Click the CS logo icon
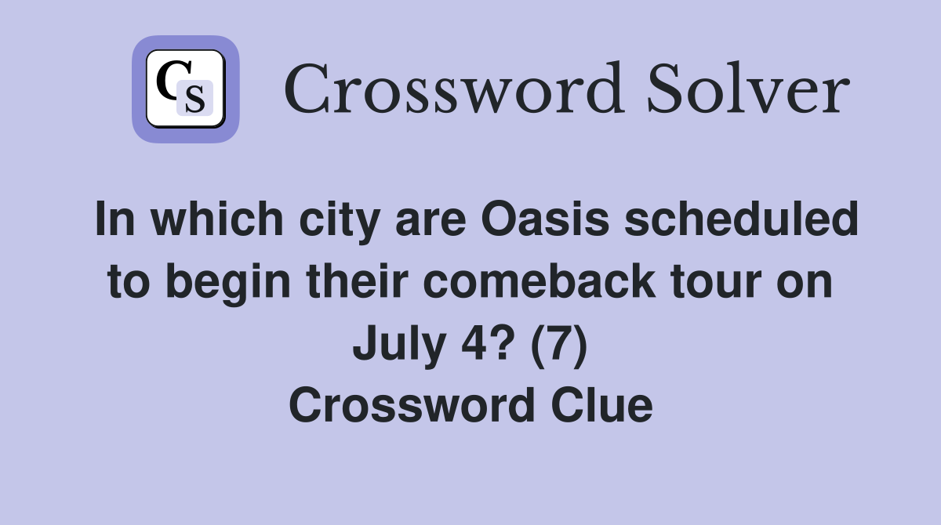tap(186, 89)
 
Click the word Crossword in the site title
tap(454, 89)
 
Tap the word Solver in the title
tap(749, 89)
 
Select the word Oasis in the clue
tap(545, 219)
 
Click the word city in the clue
tap(340, 222)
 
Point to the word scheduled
tap(742, 219)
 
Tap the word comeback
tap(540, 281)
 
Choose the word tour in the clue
tap(716, 283)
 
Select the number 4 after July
tap(474, 343)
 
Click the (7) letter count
tap(559, 346)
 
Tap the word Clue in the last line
tap(602, 405)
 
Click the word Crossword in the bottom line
tap(412, 405)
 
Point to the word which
tap(217, 219)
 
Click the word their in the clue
tap(358, 281)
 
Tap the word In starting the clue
tap(115, 219)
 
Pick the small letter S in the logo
tap(195, 99)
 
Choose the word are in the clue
tap(431, 223)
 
